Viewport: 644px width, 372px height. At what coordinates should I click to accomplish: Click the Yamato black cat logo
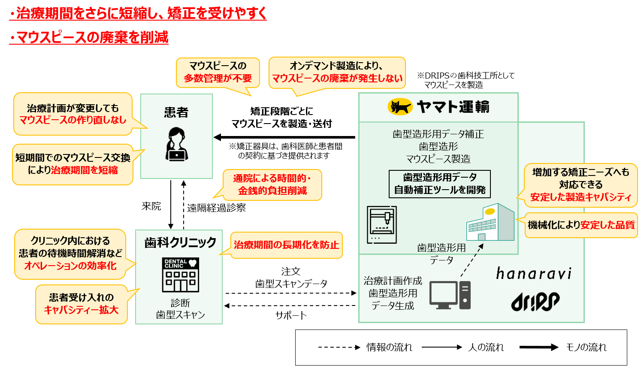pyautogui.click(x=399, y=107)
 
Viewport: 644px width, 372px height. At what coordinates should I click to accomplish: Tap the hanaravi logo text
pyautogui.click(x=534, y=273)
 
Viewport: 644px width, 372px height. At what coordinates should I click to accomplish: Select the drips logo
pyautogui.click(x=535, y=302)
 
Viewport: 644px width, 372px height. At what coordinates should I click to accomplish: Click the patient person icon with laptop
pyautogui.click(x=176, y=144)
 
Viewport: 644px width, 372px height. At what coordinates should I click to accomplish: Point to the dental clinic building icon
pyautogui.click(x=181, y=275)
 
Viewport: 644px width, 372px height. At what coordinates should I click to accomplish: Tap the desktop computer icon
pyautogui.click(x=450, y=295)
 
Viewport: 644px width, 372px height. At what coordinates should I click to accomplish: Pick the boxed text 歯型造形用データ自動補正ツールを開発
pyautogui.click(x=439, y=184)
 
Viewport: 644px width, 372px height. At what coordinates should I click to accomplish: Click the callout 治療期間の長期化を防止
pyautogui.click(x=286, y=245)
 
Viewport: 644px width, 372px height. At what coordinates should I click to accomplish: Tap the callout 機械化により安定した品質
pyautogui.click(x=581, y=225)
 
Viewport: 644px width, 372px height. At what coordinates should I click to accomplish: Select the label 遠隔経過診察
pyautogui.click(x=216, y=208)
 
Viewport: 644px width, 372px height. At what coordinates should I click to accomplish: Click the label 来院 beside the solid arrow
pyautogui.click(x=151, y=206)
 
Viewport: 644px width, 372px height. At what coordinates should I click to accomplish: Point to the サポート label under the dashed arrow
pyautogui.click(x=291, y=315)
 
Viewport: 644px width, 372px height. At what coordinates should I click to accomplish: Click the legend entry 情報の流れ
pyautogui.click(x=389, y=347)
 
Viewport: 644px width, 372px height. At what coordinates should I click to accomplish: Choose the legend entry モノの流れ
pyautogui.click(x=586, y=347)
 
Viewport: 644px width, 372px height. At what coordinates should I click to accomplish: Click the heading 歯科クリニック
pyautogui.click(x=180, y=242)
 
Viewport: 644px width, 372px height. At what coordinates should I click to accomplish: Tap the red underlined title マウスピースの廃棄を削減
pyautogui.click(x=89, y=38)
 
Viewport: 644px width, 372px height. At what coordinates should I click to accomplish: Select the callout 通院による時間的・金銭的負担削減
pyautogui.click(x=272, y=184)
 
